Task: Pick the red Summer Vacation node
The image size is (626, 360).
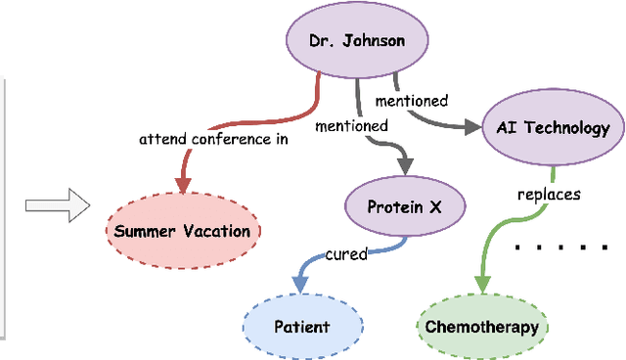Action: tap(182, 232)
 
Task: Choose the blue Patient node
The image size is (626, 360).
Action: tap(301, 327)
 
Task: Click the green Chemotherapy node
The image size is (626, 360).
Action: tap(482, 327)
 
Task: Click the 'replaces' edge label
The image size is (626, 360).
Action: tap(549, 194)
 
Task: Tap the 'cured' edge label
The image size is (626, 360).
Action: tap(346, 254)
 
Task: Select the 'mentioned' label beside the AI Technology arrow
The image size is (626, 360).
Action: tap(412, 100)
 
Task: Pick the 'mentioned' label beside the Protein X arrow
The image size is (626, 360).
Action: tap(351, 125)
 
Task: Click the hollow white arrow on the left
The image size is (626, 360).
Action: tap(58, 205)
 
